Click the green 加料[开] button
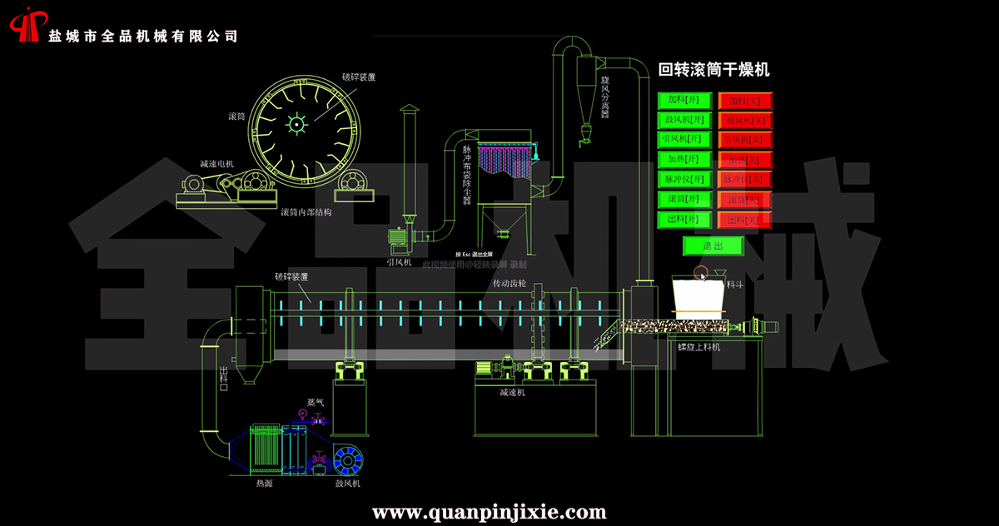click(x=685, y=101)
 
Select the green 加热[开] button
click(x=685, y=159)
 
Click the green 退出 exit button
click(x=713, y=246)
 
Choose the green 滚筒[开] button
click(x=685, y=200)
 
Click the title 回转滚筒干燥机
click(x=713, y=70)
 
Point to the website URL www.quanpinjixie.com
click(x=489, y=511)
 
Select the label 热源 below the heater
click(x=263, y=483)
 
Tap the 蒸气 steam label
click(x=316, y=402)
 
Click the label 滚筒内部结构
click(x=306, y=212)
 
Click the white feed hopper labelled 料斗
click(x=696, y=295)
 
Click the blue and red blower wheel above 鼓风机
click(x=348, y=459)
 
